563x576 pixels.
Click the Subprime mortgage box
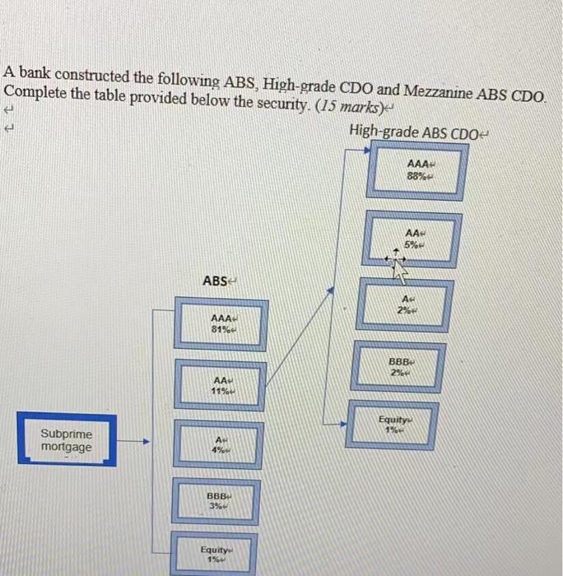click(67, 440)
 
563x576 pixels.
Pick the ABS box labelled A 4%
click(220, 445)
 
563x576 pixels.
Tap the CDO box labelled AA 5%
click(417, 239)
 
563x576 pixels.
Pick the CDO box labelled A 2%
click(406, 303)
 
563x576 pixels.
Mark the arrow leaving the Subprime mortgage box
click(136, 442)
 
